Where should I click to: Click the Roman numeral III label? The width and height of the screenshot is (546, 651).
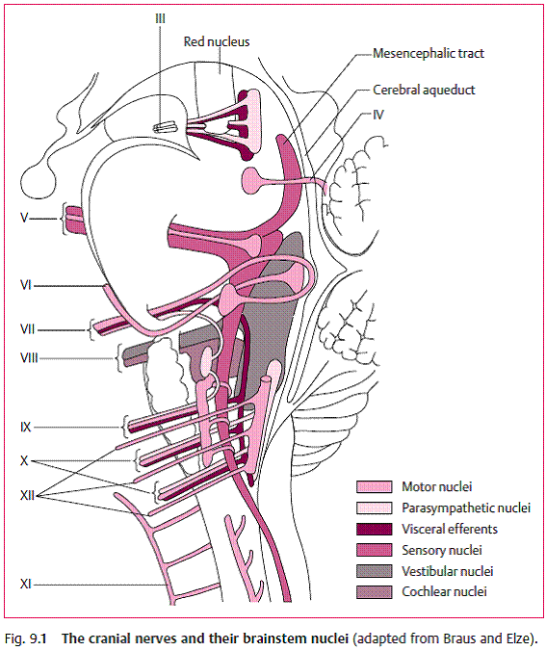(160, 18)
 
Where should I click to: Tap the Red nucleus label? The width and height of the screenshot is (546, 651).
(217, 41)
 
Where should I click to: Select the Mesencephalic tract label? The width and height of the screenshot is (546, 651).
(429, 53)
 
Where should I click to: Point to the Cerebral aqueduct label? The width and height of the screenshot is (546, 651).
(424, 90)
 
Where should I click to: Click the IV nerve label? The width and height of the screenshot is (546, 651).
(377, 115)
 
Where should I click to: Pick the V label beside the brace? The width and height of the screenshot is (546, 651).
(24, 218)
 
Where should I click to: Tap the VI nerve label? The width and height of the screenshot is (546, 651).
(26, 285)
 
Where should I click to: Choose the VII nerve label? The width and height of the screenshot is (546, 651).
(27, 329)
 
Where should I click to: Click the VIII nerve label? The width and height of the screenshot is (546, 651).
(29, 357)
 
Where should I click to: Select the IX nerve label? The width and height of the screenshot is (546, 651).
(26, 427)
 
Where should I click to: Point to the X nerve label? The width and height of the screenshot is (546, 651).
(24, 460)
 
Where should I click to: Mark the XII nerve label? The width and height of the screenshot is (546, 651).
(27, 495)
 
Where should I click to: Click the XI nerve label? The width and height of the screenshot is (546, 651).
(26, 585)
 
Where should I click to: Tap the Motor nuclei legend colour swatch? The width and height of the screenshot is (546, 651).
(374, 486)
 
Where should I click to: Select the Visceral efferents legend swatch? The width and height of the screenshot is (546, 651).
(374, 529)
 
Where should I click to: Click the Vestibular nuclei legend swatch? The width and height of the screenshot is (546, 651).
(374, 571)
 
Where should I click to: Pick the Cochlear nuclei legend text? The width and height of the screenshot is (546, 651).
(444, 591)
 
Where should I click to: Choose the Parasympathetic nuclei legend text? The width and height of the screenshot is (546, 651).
(466, 508)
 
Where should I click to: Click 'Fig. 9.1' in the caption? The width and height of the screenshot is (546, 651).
(26, 638)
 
